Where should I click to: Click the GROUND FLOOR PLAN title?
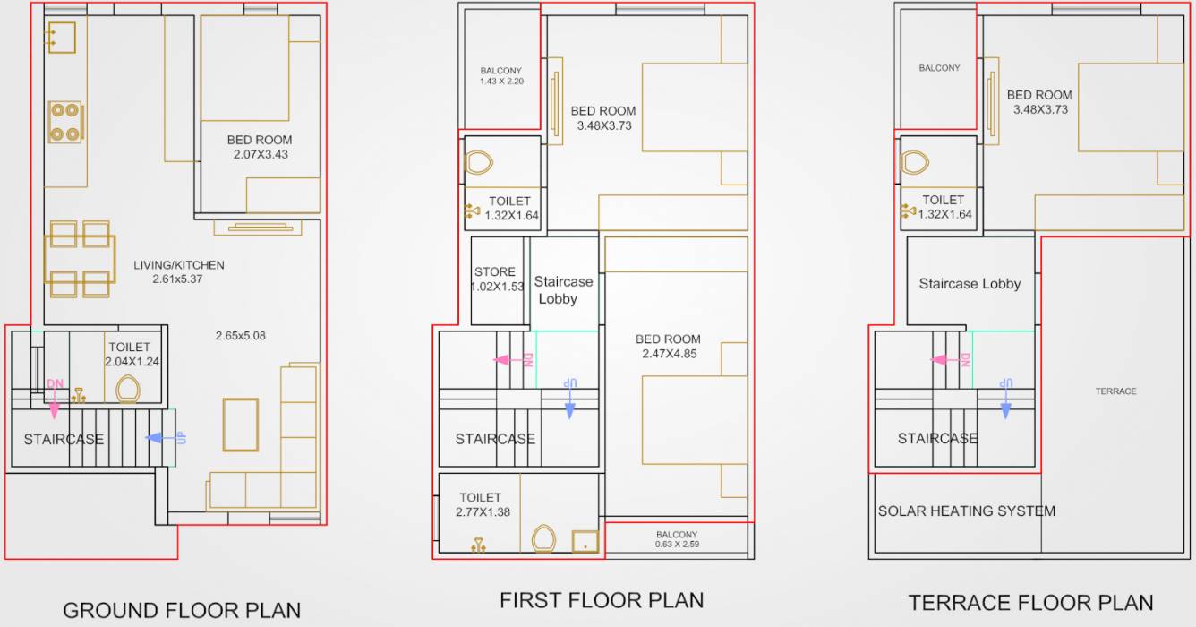point(182,610)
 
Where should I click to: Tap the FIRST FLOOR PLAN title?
point(602,600)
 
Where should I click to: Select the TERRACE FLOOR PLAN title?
point(1030,602)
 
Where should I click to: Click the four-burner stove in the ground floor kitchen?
point(65,123)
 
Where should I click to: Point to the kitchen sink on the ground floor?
point(61,38)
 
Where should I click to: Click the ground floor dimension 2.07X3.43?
point(259,154)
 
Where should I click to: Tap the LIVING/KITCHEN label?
point(179,265)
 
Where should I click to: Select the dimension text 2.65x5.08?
point(240,336)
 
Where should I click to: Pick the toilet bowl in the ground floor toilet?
point(128,389)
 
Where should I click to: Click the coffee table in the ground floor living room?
point(240,425)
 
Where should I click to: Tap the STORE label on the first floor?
point(495,271)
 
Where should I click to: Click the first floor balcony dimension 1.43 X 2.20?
point(500,82)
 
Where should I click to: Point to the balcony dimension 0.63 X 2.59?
point(676,544)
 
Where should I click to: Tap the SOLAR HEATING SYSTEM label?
point(966,511)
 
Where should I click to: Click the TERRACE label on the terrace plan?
point(1115,391)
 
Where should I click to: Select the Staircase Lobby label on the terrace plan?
point(970,284)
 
